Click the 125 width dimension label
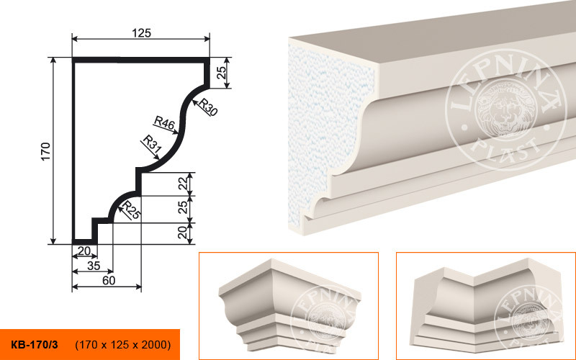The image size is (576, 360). pos(141,33)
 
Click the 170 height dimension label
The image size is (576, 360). pos(45,151)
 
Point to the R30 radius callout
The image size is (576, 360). pos(208,107)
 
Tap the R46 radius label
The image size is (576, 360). pos(164,122)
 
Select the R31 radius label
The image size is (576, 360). pos(151,144)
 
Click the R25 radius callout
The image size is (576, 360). pos(131,210)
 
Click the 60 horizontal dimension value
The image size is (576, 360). pos(109,280)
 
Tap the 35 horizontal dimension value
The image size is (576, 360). pos(94,266)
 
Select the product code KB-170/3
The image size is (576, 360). pos(34,345)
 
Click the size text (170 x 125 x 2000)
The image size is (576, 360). pos(122,345)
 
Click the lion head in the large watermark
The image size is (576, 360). pos(503,109)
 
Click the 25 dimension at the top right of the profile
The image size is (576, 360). pos(221,73)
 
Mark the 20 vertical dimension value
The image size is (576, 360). pos(183,233)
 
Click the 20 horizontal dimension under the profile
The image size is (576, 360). pos(84,251)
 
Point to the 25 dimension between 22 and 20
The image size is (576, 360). pos(183,208)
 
